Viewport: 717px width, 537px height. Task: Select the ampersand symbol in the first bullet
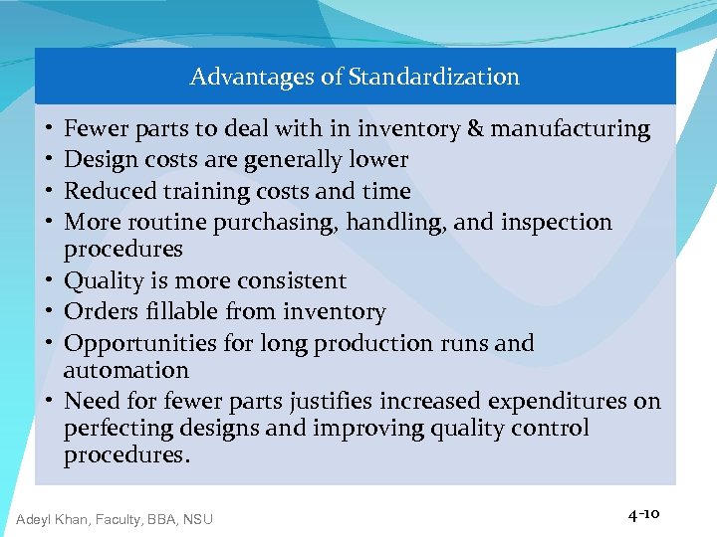tap(475, 128)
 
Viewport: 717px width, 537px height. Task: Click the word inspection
tap(560, 223)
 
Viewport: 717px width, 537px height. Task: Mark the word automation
tap(125, 371)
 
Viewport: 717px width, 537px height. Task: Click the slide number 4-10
tap(643, 514)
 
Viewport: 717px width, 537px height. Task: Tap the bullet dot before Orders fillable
tap(49, 312)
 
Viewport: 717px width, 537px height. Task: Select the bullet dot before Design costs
tap(49, 160)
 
